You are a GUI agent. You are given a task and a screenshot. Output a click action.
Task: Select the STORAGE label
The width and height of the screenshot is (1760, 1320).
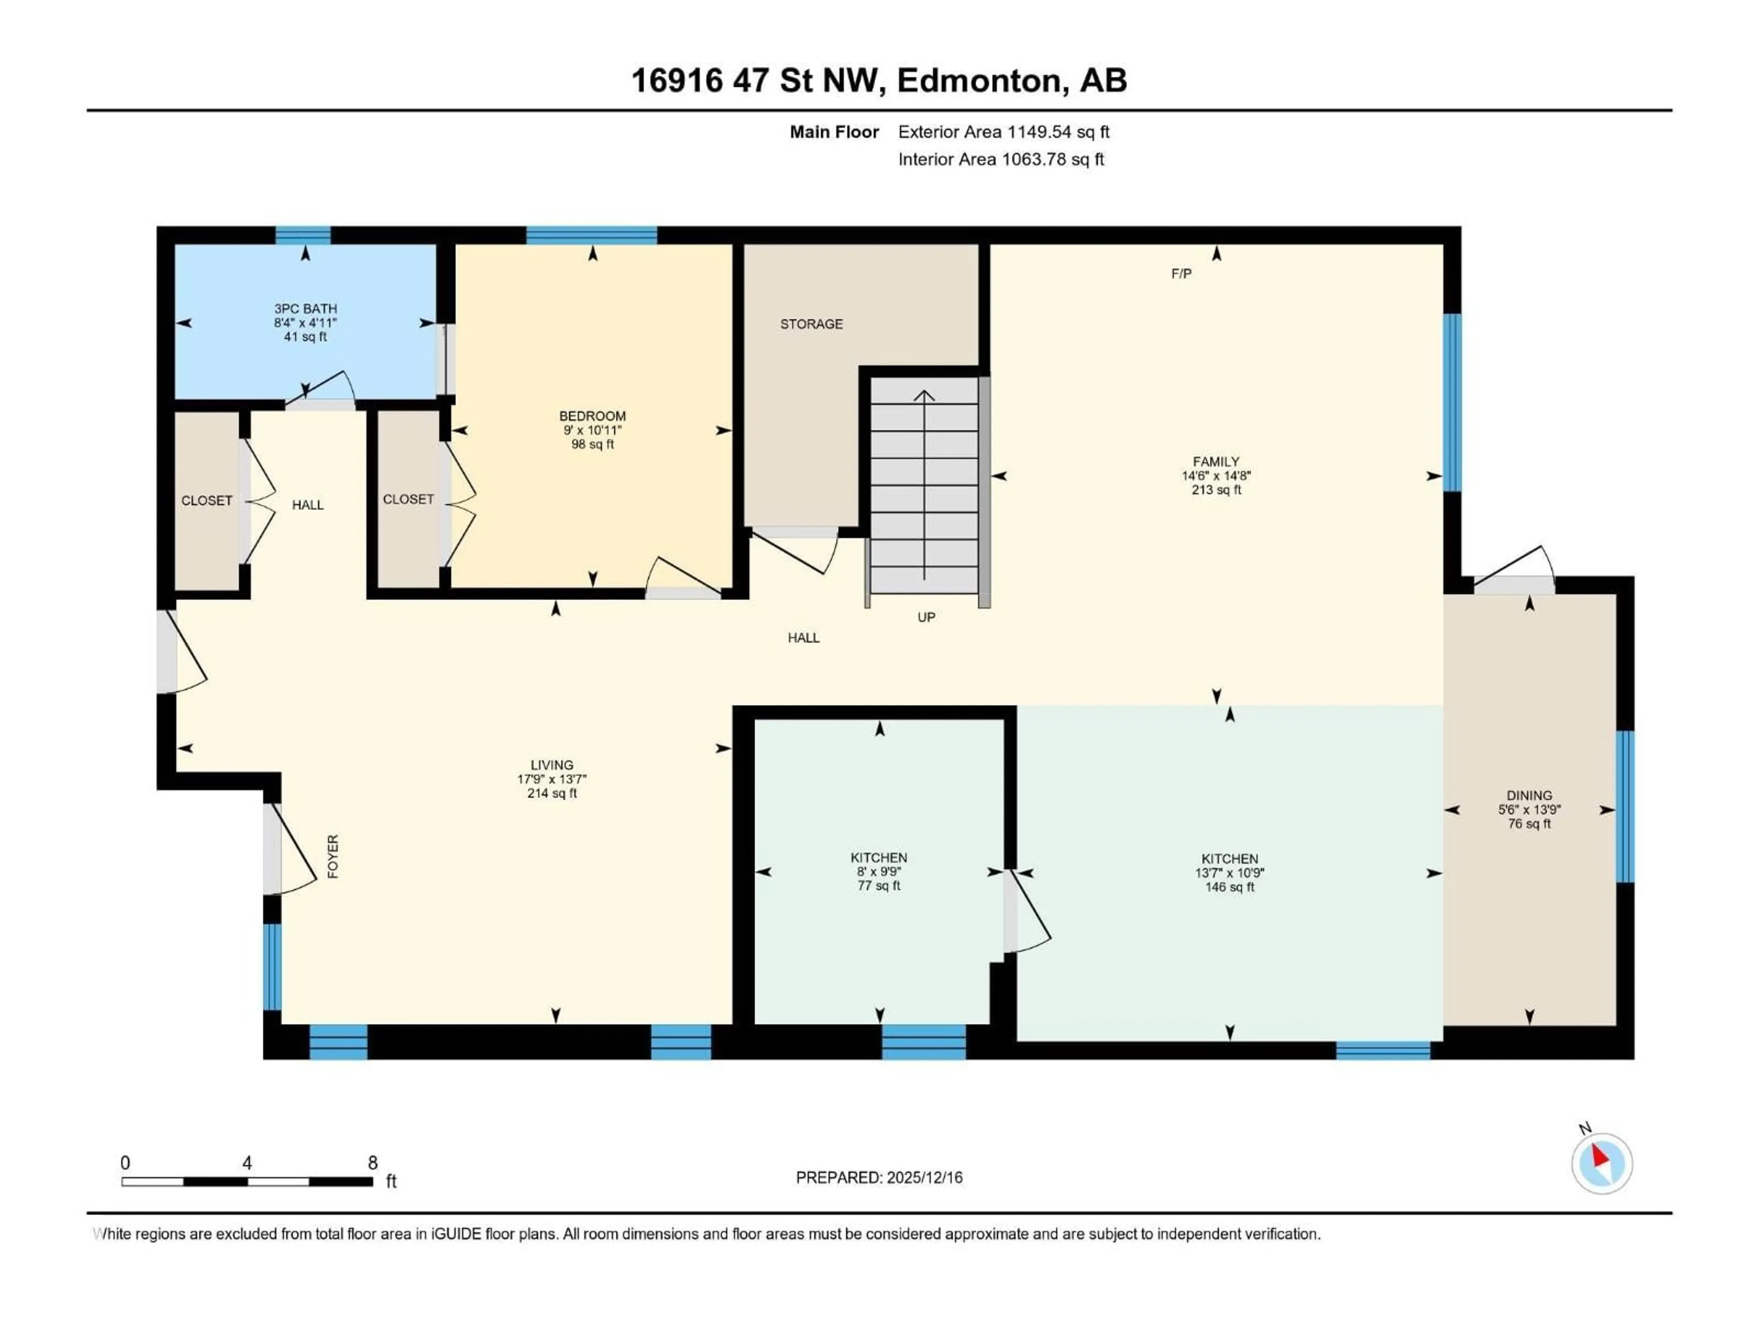[x=811, y=324]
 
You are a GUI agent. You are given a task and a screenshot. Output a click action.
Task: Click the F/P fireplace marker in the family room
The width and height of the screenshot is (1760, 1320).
[x=1181, y=274]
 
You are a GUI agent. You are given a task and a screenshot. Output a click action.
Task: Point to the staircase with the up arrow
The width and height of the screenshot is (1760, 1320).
[x=924, y=485]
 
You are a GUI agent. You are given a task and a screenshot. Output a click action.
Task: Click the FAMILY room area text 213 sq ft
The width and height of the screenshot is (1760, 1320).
[x=1216, y=490]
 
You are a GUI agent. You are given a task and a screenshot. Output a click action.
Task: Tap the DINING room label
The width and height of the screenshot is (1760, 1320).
[x=1529, y=795]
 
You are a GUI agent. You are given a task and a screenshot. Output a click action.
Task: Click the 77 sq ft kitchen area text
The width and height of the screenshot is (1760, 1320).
[x=879, y=885]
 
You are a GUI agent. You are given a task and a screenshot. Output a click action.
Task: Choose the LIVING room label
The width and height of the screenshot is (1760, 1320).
[x=551, y=764]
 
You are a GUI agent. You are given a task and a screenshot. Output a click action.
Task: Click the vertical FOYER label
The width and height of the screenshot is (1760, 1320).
[x=333, y=856]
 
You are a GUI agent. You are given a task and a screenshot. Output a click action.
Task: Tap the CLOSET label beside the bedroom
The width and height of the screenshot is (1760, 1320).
[x=408, y=499]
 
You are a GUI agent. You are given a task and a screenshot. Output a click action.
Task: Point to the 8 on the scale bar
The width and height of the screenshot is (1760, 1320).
[x=372, y=1162]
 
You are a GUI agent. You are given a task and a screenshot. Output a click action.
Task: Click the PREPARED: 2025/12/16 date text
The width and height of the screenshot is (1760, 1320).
[x=879, y=1177]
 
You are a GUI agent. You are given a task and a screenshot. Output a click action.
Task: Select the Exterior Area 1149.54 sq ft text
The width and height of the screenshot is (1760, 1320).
[x=1003, y=132]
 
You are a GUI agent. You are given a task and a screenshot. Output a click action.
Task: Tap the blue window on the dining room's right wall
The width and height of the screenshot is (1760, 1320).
[x=1626, y=806]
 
